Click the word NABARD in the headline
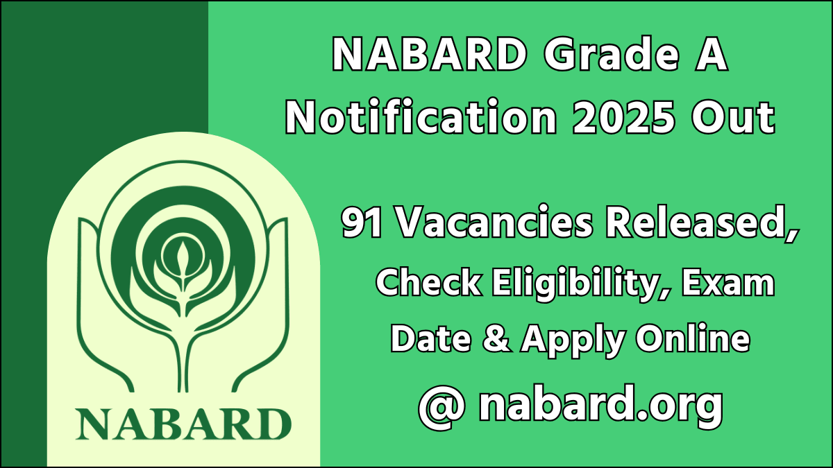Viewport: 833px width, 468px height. coord(428,55)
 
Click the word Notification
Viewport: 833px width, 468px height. coord(421,118)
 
